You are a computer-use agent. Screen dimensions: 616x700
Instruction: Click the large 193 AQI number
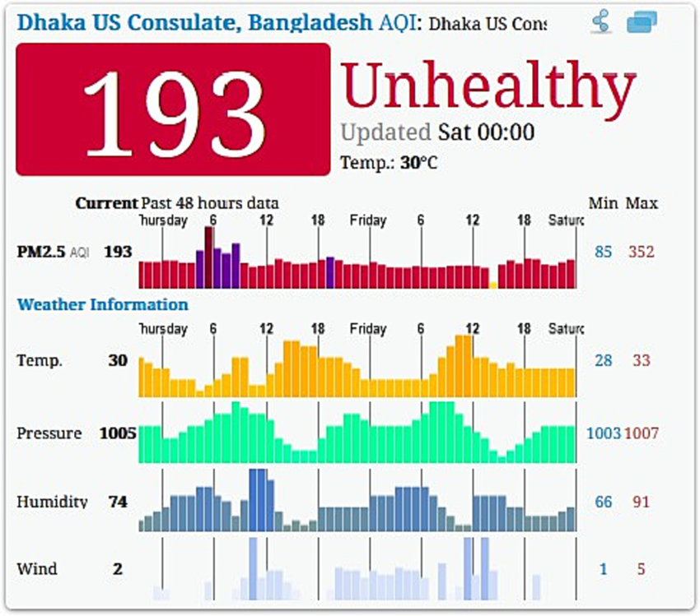click(x=174, y=110)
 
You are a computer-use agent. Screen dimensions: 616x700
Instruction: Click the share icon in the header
click(x=602, y=22)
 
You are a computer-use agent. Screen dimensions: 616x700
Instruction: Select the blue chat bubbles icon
click(x=642, y=22)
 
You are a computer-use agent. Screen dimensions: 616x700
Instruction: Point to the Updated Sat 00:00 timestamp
click(x=437, y=132)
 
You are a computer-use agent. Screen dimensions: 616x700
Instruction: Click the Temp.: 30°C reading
click(x=389, y=163)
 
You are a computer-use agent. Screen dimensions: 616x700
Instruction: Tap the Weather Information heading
click(x=102, y=305)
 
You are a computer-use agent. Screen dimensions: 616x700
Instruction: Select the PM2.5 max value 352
click(x=641, y=252)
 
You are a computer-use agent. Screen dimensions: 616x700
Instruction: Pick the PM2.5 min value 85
click(x=604, y=252)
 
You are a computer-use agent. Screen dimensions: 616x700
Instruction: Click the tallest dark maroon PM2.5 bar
click(x=209, y=257)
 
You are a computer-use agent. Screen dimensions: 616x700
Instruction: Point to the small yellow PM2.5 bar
click(x=492, y=285)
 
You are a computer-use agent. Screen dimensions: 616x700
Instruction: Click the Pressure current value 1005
click(x=118, y=433)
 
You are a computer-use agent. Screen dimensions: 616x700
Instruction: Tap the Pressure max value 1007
click(x=641, y=433)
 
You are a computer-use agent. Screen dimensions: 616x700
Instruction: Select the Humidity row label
click(x=52, y=502)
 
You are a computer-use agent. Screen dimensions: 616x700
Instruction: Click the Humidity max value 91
click(x=641, y=502)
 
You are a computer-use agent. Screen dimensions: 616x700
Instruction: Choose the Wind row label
click(x=37, y=569)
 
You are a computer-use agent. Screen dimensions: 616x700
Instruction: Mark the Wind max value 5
click(x=641, y=569)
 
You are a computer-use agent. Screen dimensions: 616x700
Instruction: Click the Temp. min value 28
click(x=604, y=360)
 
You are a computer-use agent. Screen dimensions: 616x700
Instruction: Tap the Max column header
click(x=642, y=203)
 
